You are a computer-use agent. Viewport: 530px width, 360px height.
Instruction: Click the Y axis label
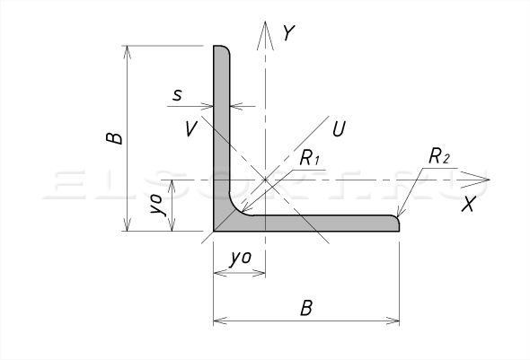click(x=289, y=32)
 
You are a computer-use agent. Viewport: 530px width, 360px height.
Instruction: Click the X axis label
click(x=468, y=205)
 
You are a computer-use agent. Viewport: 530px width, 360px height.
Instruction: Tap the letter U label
click(x=339, y=128)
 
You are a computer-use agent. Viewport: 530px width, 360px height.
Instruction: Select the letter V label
click(x=191, y=128)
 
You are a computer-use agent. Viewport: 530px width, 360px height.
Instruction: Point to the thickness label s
click(x=177, y=95)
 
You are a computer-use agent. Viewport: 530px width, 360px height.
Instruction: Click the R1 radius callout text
click(x=310, y=157)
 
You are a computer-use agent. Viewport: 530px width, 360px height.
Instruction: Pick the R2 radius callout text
click(x=439, y=156)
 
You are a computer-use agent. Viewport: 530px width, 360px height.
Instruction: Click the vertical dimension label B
click(x=114, y=138)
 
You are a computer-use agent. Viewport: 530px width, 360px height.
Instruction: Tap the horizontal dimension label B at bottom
click(x=306, y=308)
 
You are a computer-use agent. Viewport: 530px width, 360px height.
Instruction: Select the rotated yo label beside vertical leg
click(x=158, y=205)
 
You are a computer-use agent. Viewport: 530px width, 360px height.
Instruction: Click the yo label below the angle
click(x=241, y=258)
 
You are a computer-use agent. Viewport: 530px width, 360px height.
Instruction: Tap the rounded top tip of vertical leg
click(x=222, y=48)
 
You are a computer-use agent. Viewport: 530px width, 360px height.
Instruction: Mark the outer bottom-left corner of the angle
click(x=214, y=232)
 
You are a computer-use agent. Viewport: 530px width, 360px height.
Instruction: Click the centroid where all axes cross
click(x=265, y=180)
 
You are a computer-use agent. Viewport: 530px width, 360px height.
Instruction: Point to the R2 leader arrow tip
click(x=397, y=216)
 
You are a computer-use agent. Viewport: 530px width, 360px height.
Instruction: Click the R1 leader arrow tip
click(x=242, y=211)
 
